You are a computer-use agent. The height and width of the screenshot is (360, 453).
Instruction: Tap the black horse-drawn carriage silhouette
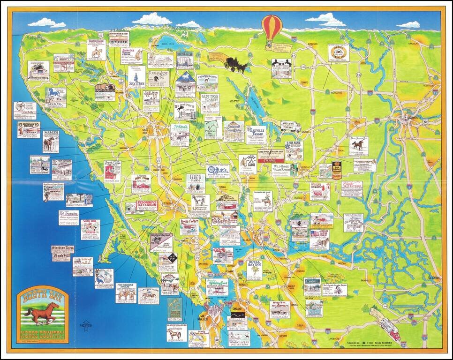click(x=236, y=64)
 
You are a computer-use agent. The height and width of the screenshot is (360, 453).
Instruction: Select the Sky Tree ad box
click(x=136, y=77)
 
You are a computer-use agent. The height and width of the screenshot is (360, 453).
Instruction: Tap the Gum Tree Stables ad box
click(x=210, y=103)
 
